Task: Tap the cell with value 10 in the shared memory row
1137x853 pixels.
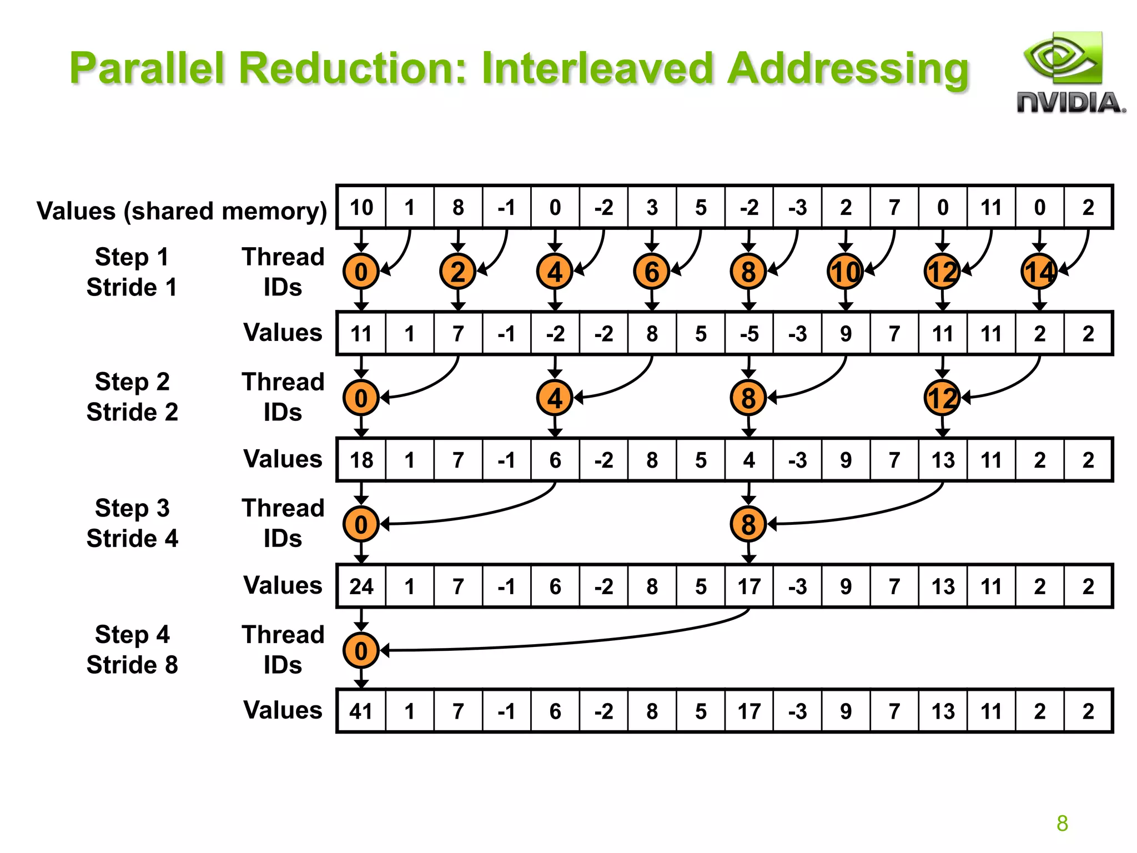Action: tap(361, 208)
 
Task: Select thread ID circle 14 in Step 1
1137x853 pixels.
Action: tap(1039, 272)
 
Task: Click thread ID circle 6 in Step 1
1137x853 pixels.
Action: tap(652, 272)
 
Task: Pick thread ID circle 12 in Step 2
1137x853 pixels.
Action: tap(942, 398)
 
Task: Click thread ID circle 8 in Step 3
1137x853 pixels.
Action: tap(748, 524)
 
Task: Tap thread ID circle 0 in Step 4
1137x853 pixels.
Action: tap(361, 650)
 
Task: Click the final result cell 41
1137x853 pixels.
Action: tap(361, 711)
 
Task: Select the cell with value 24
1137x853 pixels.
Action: tap(361, 586)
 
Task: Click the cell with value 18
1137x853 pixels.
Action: tap(361, 460)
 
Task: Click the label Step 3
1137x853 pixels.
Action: tap(132, 508)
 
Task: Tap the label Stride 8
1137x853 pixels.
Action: tap(132, 665)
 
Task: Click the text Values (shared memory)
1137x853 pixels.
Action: tap(182, 211)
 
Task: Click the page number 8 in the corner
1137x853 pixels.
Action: tap(1062, 823)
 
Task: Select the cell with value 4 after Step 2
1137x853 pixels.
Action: tap(749, 460)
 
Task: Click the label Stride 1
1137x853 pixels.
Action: tap(132, 287)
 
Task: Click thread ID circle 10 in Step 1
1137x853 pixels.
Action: tap(845, 272)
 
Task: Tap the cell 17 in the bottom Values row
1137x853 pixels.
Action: tap(749, 711)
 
